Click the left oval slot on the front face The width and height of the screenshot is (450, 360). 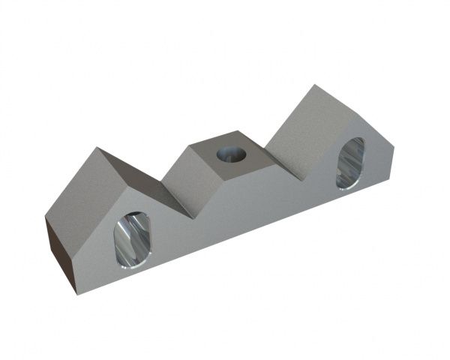click(x=132, y=240)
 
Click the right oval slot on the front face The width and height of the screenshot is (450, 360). click(x=349, y=163)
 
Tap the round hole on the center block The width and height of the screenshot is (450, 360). click(x=232, y=155)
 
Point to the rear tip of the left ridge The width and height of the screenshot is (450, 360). click(x=99, y=148)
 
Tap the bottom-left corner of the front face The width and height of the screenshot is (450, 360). click(x=75, y=292)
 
